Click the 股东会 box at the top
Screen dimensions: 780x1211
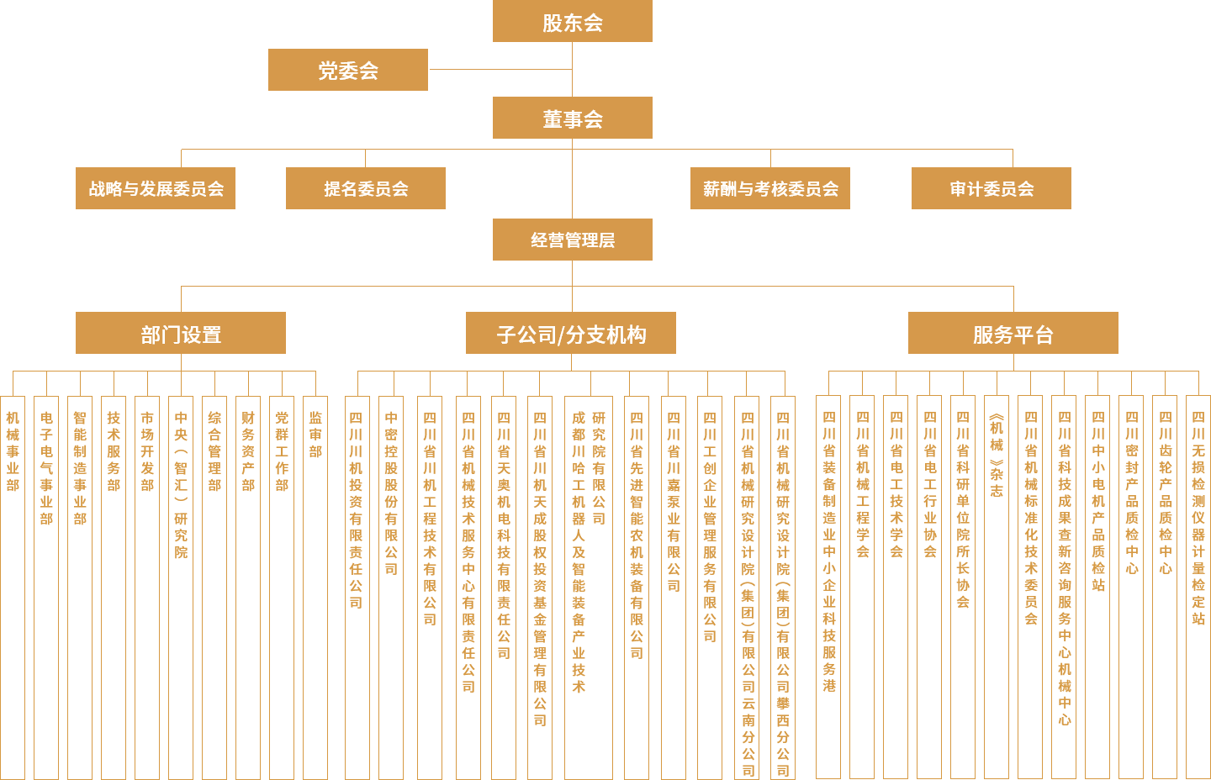(572, 22)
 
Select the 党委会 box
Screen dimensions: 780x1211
(347, 70)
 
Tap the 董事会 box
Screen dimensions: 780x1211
(572, 119)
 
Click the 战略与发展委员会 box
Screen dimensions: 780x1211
(156, 188)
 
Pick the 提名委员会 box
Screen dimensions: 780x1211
(365, 188)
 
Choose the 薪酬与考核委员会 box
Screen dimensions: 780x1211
(769, 188)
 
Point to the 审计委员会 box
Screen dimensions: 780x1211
(991, 188)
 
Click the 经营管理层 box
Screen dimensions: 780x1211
(572, 240)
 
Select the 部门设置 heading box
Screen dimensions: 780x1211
(181, 334)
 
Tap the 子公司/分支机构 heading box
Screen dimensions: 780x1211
(571, 334)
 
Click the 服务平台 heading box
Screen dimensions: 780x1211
(1013, 334)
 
